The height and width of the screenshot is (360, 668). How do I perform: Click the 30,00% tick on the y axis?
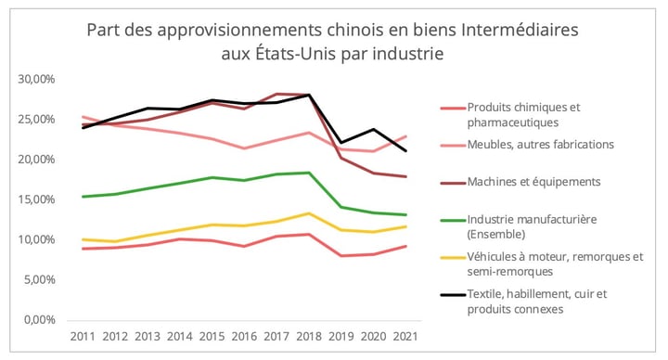[x=36, y=80]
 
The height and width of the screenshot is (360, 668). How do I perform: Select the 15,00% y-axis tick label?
[x=36, y=199]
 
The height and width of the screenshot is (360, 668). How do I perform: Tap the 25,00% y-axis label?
[x=36, y=120]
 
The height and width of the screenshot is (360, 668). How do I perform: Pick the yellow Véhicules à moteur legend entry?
[x=548, y=263]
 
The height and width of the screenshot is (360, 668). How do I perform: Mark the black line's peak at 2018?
[x=309, y=95]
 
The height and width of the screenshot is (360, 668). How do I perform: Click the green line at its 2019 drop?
[x=341, y=207]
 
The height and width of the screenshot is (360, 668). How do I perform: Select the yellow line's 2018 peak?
[x=309, y=213]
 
